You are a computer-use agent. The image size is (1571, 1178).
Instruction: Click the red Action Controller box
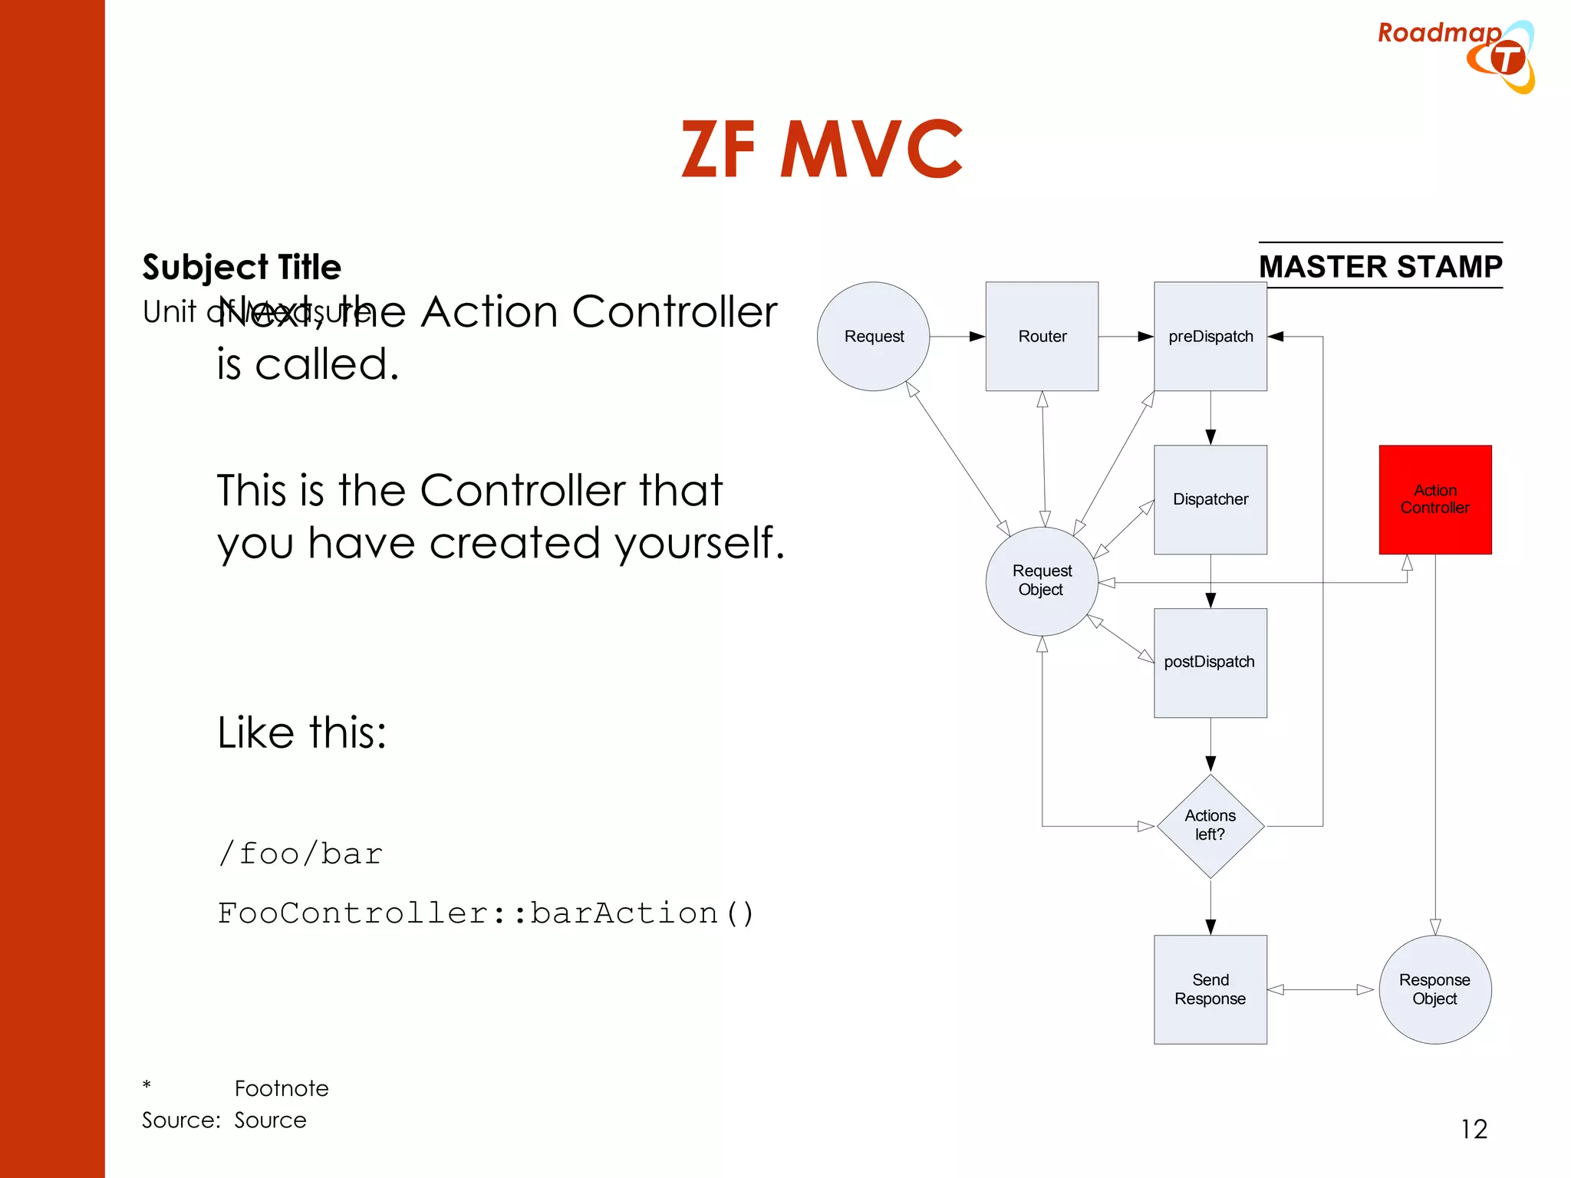click(x=1434, y=499)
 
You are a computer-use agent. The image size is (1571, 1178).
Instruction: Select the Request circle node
click(x=873, y=336)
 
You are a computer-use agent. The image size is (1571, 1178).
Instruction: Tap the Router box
click(x=1042, y=336)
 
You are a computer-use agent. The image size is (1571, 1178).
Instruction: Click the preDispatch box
click(x=1210, y=336)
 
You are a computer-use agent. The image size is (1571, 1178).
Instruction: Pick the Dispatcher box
click(x=1210, y=499)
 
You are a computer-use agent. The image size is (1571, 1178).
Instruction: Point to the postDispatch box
click(x=1210, y=663)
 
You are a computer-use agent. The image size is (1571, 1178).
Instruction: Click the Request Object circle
click(x=1041, y=581)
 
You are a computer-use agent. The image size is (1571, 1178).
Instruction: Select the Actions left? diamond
click(x=1210, y=825)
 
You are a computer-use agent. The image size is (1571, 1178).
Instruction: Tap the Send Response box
click(x=1210, y=989)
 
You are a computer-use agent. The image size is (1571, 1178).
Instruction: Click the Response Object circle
click(x=1434, y=989)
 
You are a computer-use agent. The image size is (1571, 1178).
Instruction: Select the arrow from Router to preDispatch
click(x=1125, y=336)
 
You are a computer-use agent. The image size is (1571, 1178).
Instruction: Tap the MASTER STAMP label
click(x=1380, y=266)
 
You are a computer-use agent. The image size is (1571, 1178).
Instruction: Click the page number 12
click(x=1474, y=1129)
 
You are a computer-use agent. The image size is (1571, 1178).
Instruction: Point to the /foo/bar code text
click(x=300, y=854)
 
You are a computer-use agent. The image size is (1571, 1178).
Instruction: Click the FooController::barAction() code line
click(x=486, y=913)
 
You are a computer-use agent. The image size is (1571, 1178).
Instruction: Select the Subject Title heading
click(x=242, y=267)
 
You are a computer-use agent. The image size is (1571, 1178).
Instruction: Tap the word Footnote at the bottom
click(x=282, y=1088)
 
